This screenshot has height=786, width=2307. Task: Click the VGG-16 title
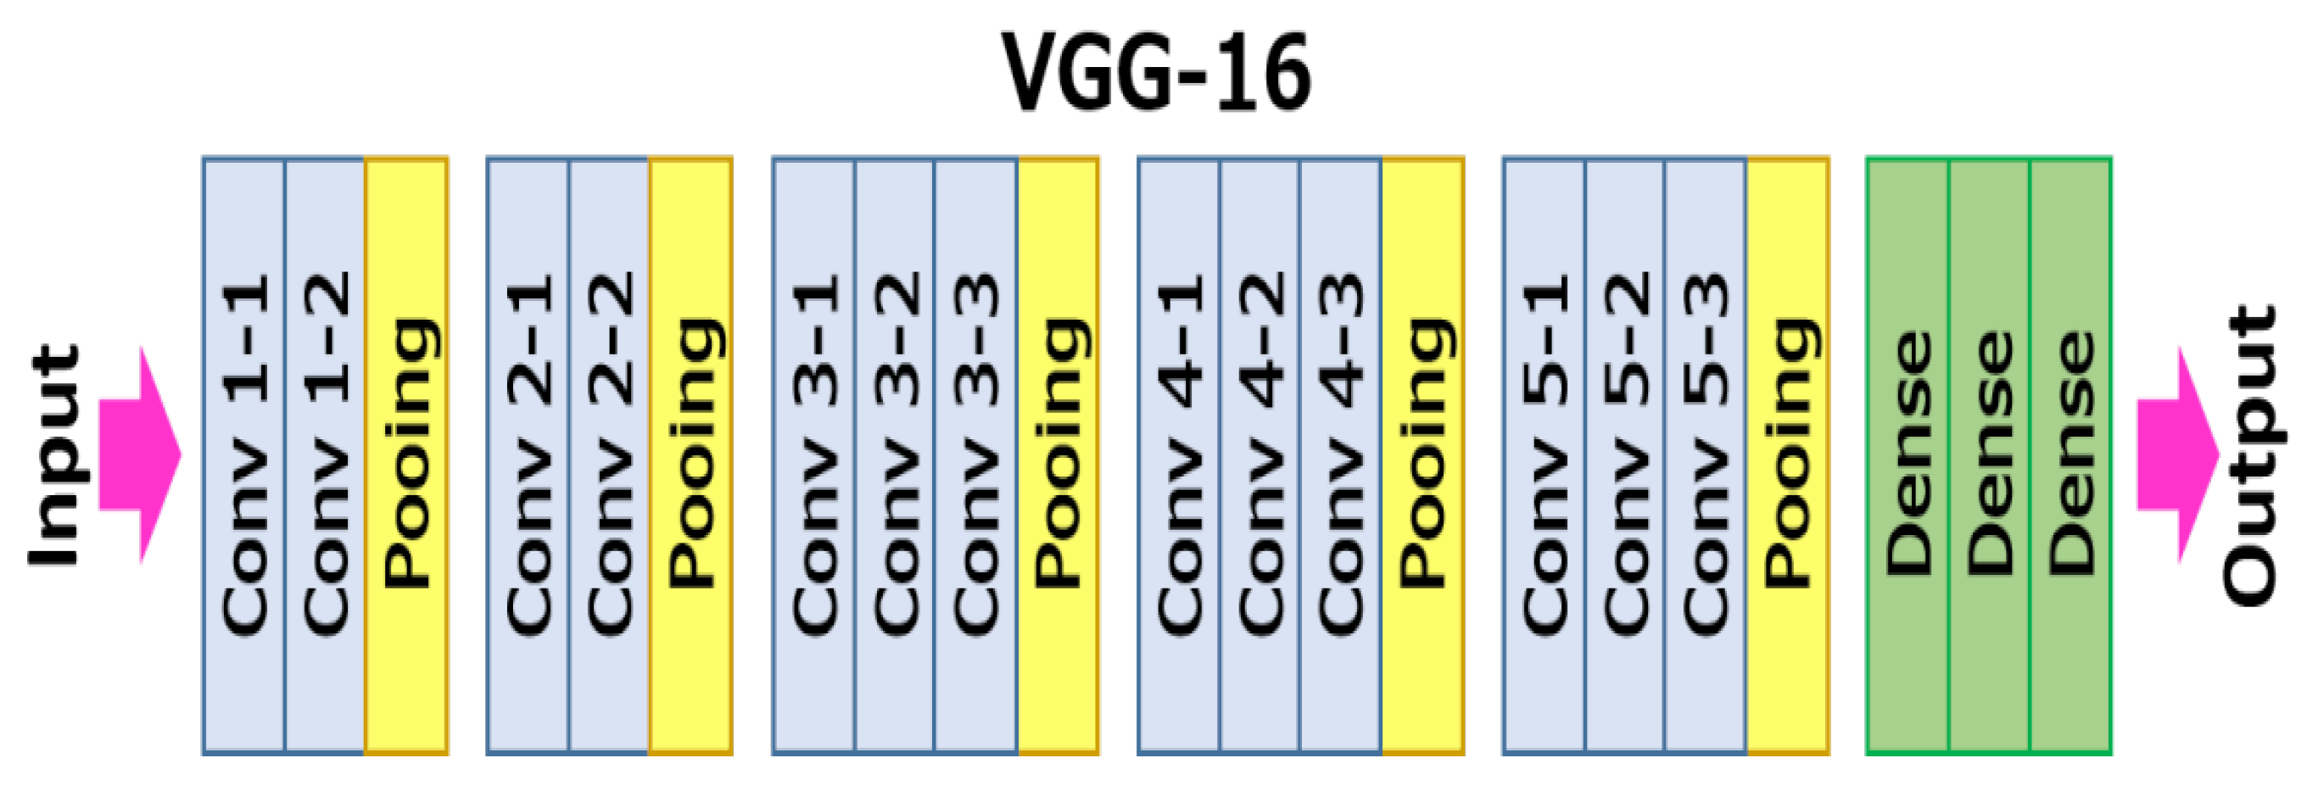pyautogui.click(x=1155, y=71)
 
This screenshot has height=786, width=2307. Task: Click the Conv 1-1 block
pyautogui.click(x=243, y=454)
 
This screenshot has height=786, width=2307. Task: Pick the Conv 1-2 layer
pyautogui.click(x=324, y=454)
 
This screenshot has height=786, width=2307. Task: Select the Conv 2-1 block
pyautogui.click(x=528, y=454)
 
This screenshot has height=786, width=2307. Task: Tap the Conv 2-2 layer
pyautogui.click(x=609, y=454)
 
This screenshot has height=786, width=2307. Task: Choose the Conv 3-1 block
pyautogui.click(x=813, y=454)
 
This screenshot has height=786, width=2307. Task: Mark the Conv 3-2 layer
pyautogui.click(x=895, y=454)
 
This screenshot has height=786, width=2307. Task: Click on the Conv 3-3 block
pyautogui.click(x=975, y=454)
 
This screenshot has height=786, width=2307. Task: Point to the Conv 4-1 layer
pyautogui.click(x=1179, y=454)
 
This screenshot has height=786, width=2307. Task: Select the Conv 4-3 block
pyautogui.click(x=1341, y=454)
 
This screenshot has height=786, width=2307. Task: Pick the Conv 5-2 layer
pyautogui.click(x=1624, y=454)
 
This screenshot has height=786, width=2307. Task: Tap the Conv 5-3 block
pyautogui.click(x=1705, y=454)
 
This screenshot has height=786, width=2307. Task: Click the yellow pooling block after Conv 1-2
pyautogui.click(x=406, y=454)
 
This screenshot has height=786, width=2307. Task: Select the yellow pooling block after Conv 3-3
pyautogui.click(x=1058, y=454)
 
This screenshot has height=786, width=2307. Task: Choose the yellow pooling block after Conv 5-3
pyautogui.click(x=1788, y=454)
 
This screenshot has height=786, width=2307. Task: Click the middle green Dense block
pyautogui.click(x=1988, y=454)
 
